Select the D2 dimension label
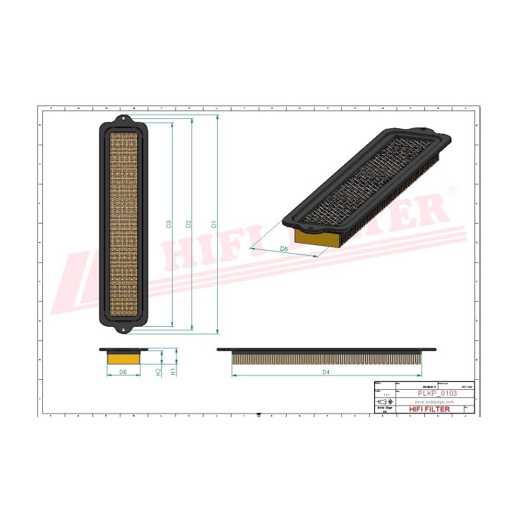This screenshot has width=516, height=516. pos(188,224)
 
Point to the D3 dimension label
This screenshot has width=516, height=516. pos(169,224)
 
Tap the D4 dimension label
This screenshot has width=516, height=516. pos(325,373)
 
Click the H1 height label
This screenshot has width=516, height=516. pos(173,372)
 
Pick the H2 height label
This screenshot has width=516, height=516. pos(158,372)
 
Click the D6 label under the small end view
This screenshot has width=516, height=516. pos(123,373)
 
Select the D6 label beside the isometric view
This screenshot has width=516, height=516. pos(284,249)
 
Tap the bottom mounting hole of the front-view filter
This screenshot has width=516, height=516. pos(123,330)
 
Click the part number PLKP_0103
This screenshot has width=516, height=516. pos(437,394)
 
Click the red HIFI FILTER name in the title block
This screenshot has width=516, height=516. pos(430,409)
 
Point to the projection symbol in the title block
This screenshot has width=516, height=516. pos(384,402)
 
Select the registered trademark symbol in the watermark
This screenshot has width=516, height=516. pos(451,191)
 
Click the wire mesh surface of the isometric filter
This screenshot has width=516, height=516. pos(365,183)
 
